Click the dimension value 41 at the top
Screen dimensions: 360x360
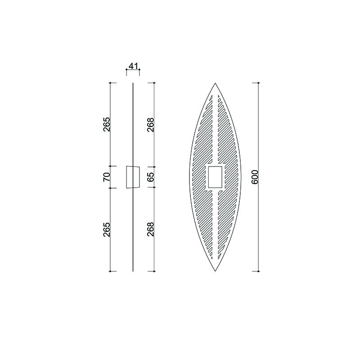[133, 66]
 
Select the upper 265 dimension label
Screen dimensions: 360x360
[107, 124]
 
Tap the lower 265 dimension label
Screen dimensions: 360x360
[107, 229]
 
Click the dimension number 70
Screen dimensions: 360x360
[107, 177]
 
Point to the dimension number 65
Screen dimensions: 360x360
[151, 177]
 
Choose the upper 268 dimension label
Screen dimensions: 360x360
[151, 125]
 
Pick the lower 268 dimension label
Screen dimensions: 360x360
[151, 229]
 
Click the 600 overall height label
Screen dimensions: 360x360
[255, 177]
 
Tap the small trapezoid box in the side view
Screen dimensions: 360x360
[133, 177]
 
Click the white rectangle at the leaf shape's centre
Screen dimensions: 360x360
[215, 177]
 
